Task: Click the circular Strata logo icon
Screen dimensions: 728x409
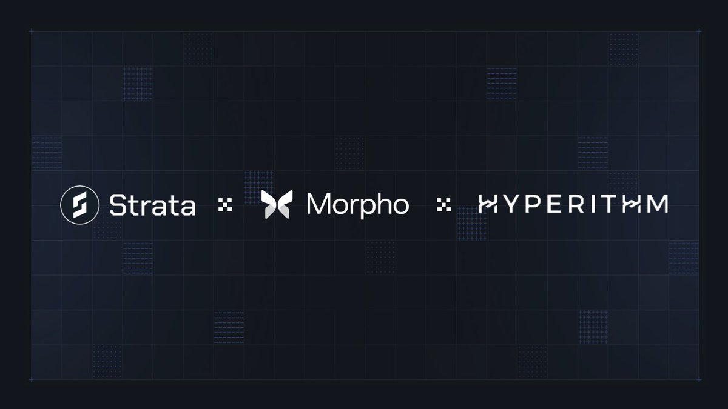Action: [78, 205]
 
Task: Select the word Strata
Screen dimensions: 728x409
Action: [152, 205]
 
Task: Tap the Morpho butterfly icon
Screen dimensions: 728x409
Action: [277, 205]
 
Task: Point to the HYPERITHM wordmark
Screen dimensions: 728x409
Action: [573, 205]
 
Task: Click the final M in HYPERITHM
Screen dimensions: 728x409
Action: [656, 205]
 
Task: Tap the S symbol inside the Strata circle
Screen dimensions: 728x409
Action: [78, 205]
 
